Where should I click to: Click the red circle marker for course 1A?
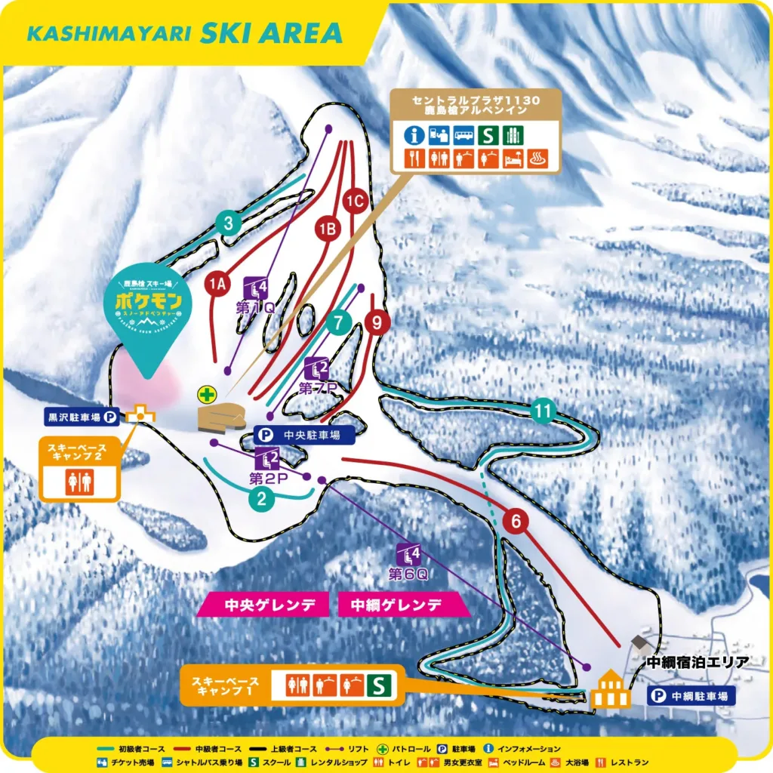coord(217,284)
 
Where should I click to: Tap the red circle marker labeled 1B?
coord(326,228)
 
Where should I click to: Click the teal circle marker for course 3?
coord(228,223)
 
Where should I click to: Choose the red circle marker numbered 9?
coord(377,322)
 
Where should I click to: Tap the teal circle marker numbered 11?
coord(543,411)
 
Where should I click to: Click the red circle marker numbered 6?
coord(516,521)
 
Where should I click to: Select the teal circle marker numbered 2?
coord(262,498)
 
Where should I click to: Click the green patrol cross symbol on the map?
coord(206,393)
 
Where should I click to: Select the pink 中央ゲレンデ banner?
coord(264,605)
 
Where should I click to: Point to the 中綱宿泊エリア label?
coord(698,663)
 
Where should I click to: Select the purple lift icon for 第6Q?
coord(411,556)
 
